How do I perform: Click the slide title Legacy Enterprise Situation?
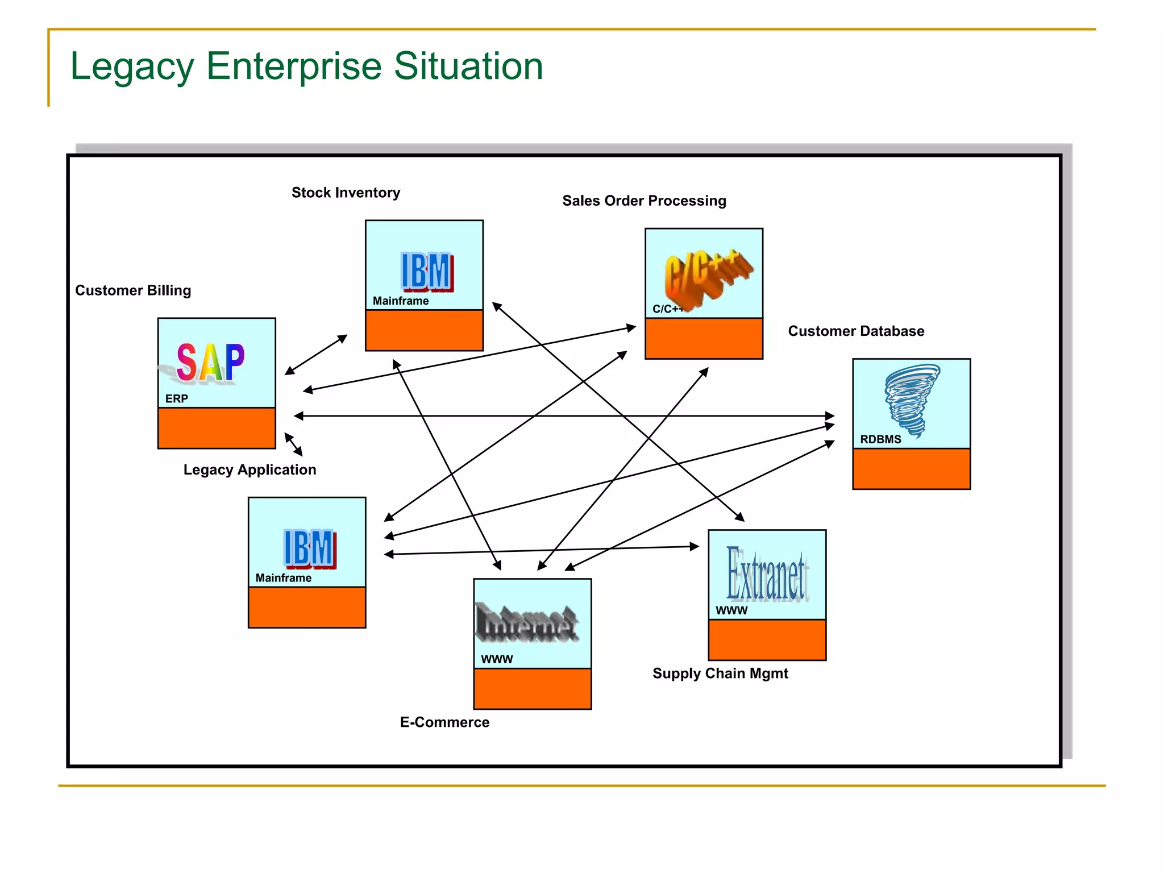[306, 66]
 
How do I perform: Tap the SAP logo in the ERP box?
[210, 362]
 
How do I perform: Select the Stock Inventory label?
[346, 193]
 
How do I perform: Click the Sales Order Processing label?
[644, 201]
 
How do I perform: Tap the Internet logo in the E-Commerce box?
[527, 623]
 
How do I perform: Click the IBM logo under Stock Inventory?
[426, 272]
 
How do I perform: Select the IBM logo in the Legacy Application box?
[309, 548]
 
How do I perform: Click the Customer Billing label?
[133, 290]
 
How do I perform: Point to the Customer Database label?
[856, 331]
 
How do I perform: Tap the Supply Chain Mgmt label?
[720, 674]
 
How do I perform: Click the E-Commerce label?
[444, 722]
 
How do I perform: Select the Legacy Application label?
[250, 470]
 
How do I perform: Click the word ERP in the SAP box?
[176, 399]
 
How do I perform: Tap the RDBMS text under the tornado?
[880, 439]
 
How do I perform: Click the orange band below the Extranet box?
[767, 640]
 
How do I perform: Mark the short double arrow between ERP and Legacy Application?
[293, 444]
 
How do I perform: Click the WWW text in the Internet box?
[497, 659]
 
